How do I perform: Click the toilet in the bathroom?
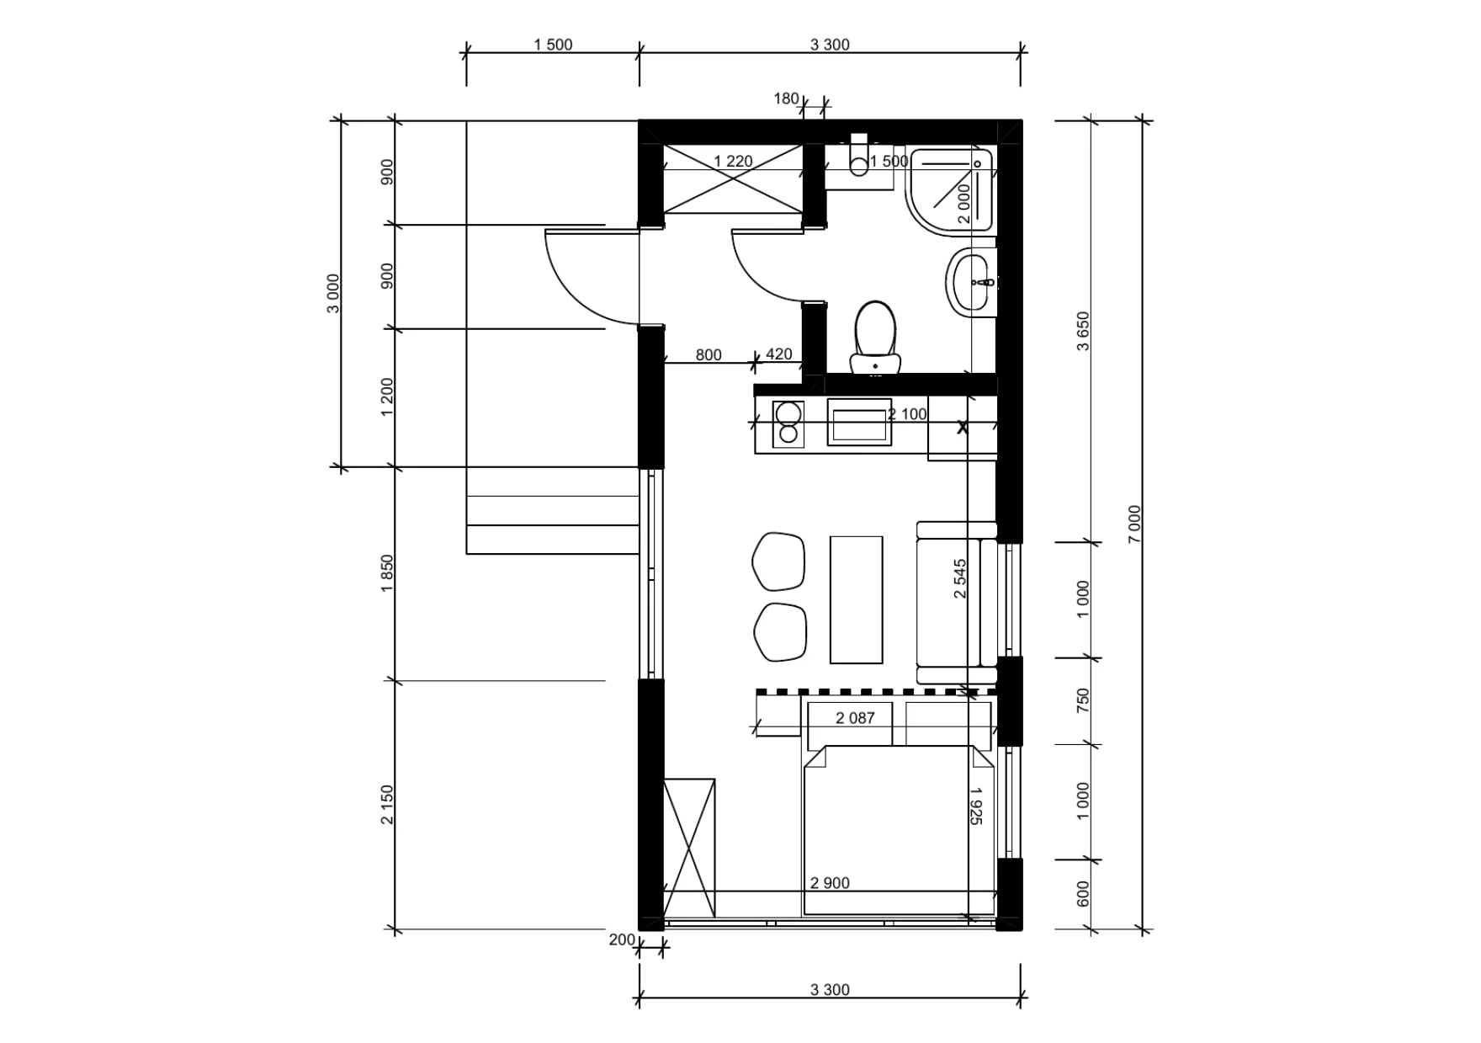point(875,337)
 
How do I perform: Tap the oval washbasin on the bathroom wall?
point(972,282)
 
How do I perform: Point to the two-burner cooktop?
point(788,423)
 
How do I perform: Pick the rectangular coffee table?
point(857,599)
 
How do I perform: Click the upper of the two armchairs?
point(778,561)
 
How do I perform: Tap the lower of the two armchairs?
point(780,631)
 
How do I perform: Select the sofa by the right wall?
point(957,602)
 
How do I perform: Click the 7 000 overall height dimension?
point(1134,524)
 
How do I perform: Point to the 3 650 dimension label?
point(1083,331)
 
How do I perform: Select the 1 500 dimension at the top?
point(553,45)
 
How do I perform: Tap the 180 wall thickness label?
point(786,98)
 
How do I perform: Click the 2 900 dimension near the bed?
point(830,883)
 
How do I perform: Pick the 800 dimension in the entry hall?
point(709,355)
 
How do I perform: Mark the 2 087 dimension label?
point(855,718)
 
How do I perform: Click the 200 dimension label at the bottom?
point(622,940)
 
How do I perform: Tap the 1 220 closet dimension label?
point(733,162)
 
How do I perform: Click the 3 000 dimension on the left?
point(333,293)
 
